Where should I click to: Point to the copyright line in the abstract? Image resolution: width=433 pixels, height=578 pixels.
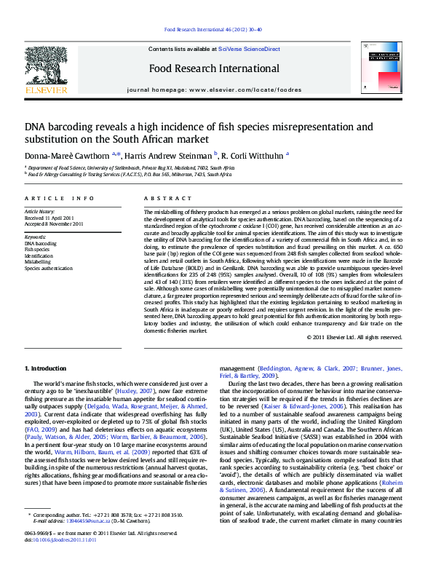(365, 337)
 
